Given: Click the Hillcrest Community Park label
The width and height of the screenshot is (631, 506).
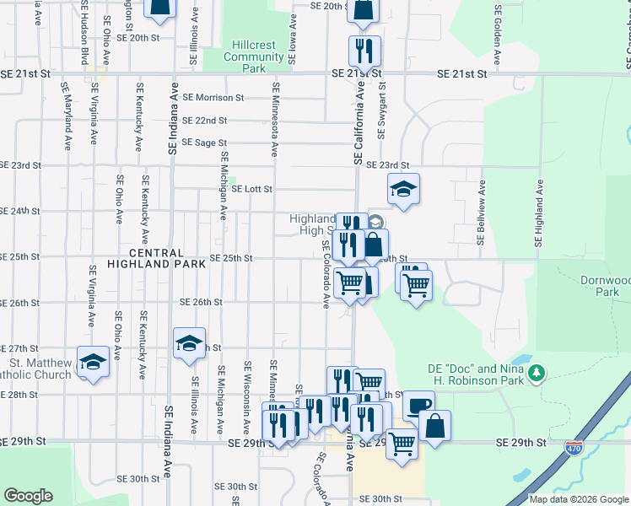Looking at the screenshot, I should coord(253,51).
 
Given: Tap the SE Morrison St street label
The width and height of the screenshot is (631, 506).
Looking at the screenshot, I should coord(213,98).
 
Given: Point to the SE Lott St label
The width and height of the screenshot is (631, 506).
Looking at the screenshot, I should coord(251,190).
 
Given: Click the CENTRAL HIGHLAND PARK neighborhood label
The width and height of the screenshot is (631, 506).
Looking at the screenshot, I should coord(157,258).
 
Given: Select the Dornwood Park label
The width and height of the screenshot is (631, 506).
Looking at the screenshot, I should coord(607,285).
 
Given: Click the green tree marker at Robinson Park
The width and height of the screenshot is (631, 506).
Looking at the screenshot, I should coord(535,372).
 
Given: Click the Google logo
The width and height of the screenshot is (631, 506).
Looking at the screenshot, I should coord(29,496).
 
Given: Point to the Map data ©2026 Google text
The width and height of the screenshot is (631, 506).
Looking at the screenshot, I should coord(578,499).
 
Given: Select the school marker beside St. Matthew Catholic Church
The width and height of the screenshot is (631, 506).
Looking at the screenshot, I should coord(93,363).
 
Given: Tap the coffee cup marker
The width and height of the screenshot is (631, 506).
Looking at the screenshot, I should coord(418,406).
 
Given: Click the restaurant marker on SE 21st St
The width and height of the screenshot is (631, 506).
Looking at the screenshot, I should coord(364,51).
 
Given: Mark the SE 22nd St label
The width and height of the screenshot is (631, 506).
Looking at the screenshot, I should coord(205,121).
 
